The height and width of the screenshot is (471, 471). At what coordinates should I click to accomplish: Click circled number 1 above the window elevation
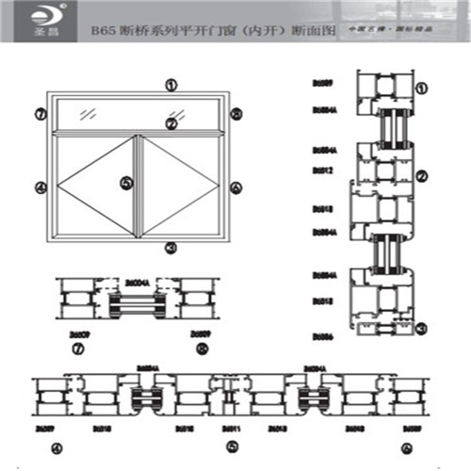171,84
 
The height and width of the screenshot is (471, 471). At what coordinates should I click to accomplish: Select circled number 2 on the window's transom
171,122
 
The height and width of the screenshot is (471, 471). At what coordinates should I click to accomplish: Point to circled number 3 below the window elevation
171,248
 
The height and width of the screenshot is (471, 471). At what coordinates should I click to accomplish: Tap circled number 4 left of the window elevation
40,187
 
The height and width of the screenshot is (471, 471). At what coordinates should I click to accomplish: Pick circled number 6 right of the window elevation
235,187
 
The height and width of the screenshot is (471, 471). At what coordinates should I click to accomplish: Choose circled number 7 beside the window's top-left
40,114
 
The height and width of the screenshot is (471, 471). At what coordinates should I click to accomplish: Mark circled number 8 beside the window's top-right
235,114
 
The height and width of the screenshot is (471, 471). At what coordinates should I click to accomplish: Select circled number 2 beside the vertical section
421,174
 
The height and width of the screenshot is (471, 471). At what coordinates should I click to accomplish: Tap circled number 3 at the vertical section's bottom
421,327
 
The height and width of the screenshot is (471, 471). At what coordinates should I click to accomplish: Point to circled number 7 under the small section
77,349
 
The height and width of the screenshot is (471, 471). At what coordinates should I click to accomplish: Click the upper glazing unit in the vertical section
387,125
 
